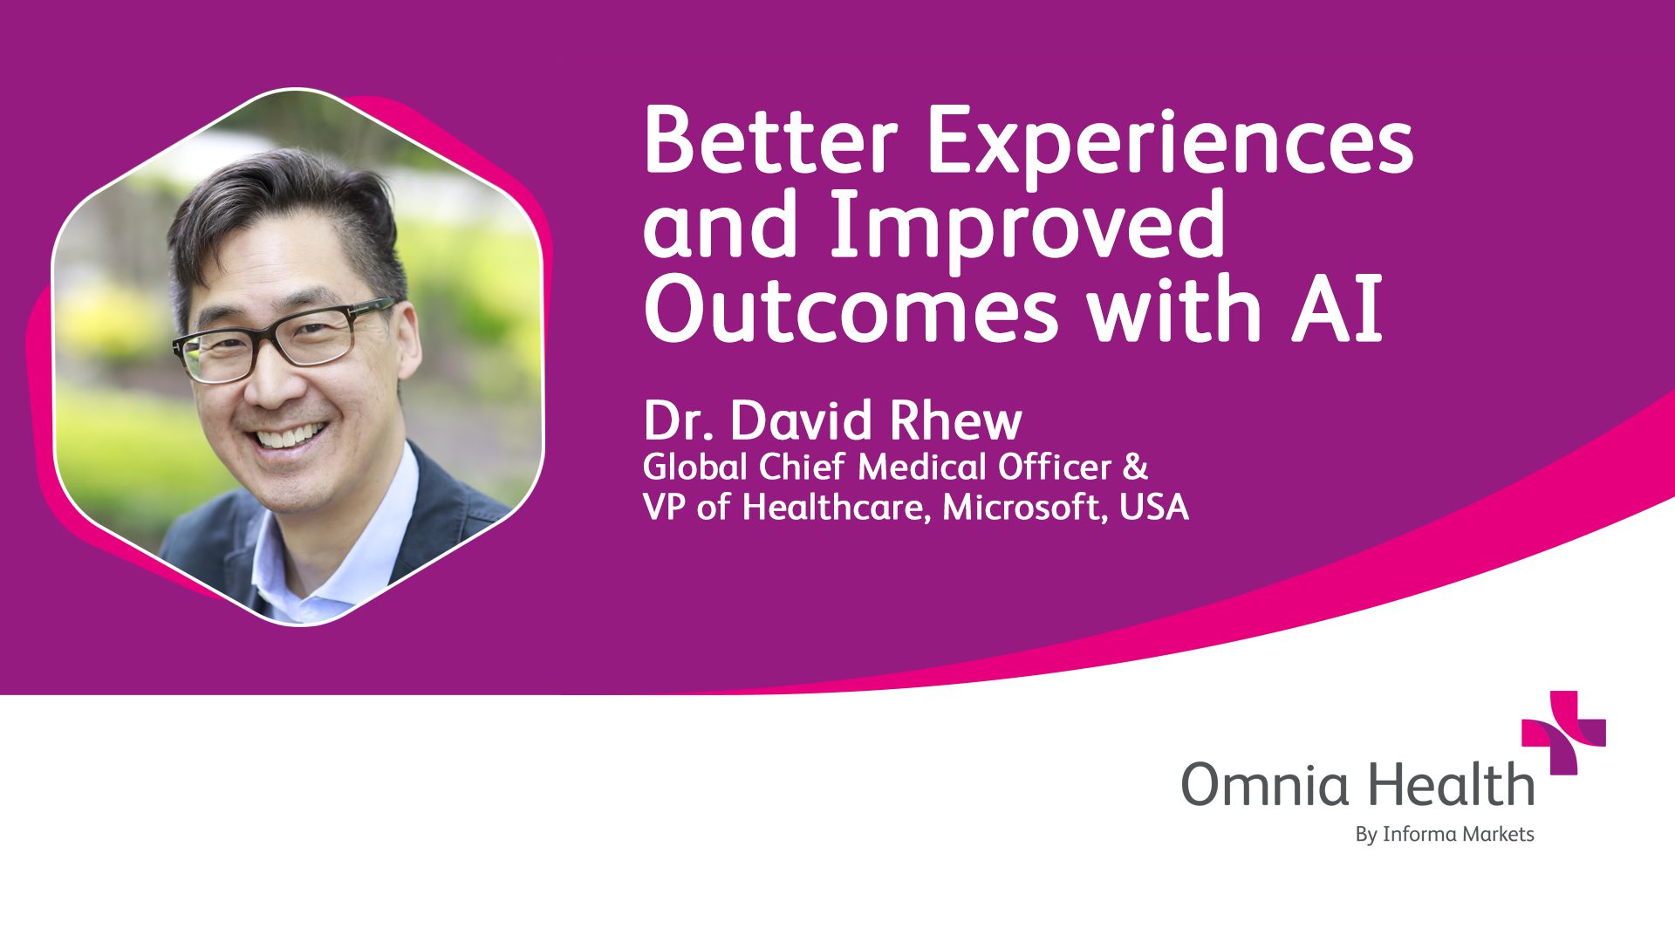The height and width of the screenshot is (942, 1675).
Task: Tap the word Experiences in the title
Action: pos(1169,144)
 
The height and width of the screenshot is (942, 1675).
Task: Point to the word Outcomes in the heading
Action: pos(851,311)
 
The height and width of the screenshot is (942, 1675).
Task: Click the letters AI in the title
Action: pos(1337,311)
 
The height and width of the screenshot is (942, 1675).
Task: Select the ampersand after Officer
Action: pos(1135,468)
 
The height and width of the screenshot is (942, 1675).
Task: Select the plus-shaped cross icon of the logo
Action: pos(1563,733)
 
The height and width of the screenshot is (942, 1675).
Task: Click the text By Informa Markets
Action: pos(1444,835)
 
